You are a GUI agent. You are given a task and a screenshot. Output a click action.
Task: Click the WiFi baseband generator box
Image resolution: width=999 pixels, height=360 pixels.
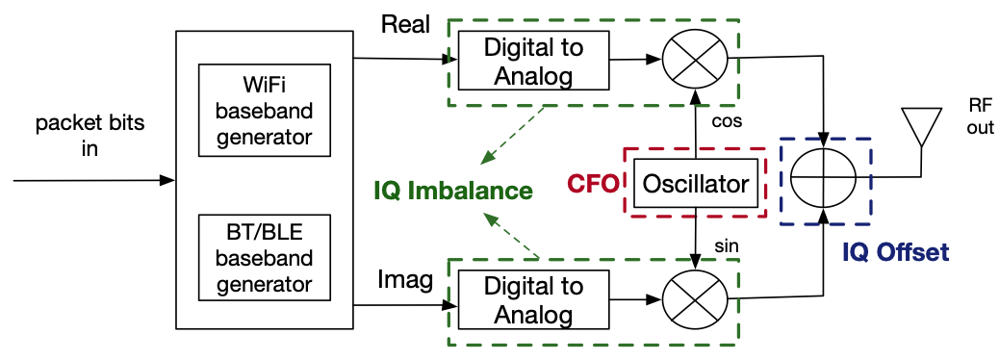(x=264, y=111)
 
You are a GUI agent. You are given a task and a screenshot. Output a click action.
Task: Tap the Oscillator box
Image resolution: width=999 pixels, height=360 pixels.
(x=696, y=183)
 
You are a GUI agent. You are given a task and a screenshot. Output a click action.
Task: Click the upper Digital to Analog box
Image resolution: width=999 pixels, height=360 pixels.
(x=533, y=61)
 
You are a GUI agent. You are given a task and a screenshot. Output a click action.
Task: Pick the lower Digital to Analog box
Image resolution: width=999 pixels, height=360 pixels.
(x=533, y=300)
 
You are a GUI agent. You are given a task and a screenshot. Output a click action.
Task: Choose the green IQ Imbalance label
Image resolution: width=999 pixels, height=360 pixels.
(x=453, y=191)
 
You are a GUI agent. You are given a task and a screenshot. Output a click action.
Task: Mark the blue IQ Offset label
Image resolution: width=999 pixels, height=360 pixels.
(x=895, y=253)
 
